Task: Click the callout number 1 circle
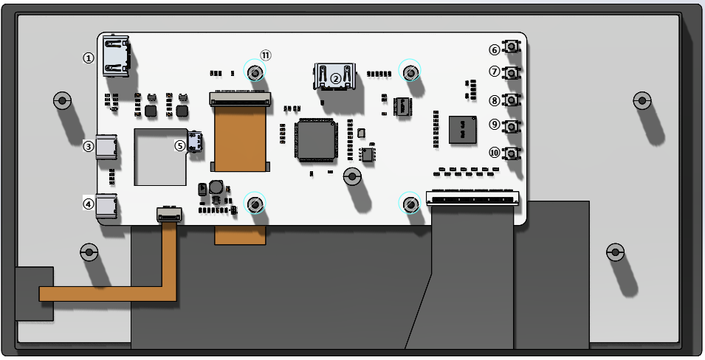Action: point(89,58)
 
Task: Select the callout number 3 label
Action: point(89,146)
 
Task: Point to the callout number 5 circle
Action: point(180,145)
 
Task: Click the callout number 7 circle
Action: point(495,72)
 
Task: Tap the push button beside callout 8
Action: point(511,100)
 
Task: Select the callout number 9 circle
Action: point(495,125)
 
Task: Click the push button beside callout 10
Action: point(511,153)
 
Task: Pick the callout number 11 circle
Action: point(266,55)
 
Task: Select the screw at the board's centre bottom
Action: point(352,176)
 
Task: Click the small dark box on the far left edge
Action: point(34,294)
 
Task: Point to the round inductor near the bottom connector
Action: point(216,187)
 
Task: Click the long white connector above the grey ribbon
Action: point(472,198)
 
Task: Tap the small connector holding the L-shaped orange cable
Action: point(168,215)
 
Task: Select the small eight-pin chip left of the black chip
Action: point(402,106)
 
